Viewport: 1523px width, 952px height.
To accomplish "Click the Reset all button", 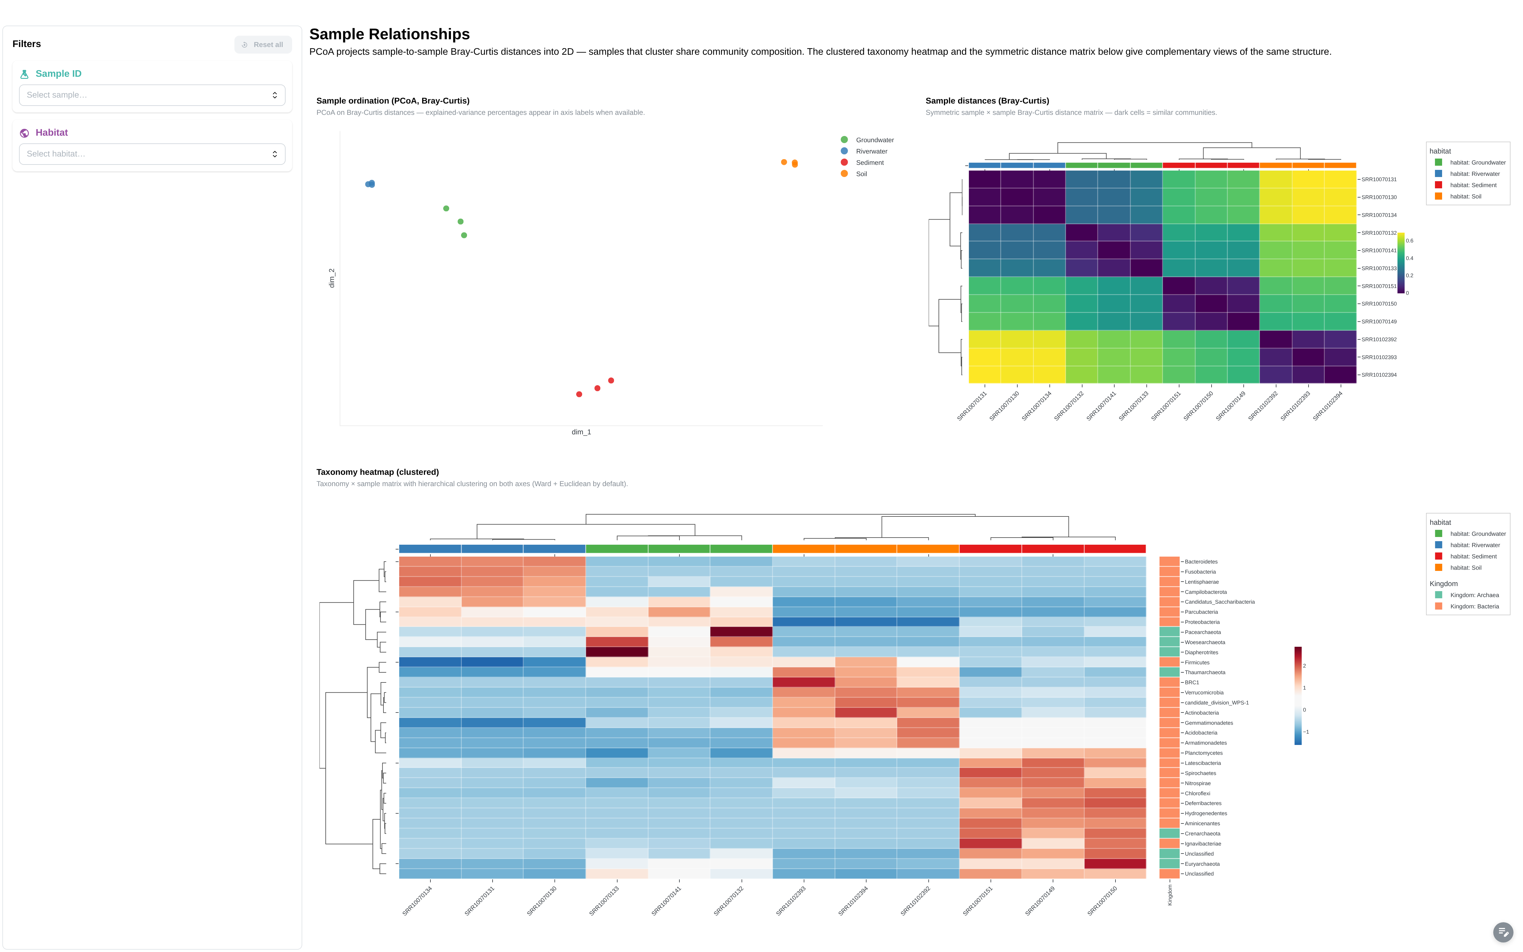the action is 263,45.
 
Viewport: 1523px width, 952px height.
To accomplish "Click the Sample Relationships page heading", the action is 390,34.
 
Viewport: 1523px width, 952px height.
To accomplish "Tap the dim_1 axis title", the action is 581,432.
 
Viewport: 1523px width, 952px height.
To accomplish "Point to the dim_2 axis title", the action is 332,278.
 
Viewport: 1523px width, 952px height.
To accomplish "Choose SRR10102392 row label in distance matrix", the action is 1379,339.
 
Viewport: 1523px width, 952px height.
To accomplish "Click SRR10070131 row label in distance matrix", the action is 1379,179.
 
